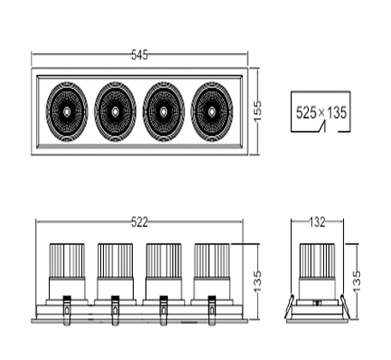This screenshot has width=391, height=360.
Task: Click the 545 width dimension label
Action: (x=140, y=55)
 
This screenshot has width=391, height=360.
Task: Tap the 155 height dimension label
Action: (x=257, y=111)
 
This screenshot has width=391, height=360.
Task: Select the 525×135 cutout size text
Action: (x=322, y=112)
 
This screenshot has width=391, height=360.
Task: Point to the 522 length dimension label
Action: (x=140, y=222)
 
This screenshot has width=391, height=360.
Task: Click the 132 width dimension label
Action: (x=317, y=222)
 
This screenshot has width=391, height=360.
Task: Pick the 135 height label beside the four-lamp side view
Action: (x=257, y=281)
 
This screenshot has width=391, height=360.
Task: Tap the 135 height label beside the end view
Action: (x=357, y=281)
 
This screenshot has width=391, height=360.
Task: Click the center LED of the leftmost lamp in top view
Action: (x=66, y=111)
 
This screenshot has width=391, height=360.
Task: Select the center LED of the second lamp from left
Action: (x=115, y=111)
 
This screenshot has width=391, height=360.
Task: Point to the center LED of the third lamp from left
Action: (x=163, y=111)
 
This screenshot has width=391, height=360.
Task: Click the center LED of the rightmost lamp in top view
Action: (x=212, y=111)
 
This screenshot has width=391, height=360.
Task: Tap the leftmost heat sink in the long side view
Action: (x=67, y=261)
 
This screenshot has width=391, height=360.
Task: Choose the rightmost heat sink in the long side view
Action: (x=212, y=261)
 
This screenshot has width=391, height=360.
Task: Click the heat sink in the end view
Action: (x=317, y=261)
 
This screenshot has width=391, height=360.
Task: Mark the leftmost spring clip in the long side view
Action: (x=67, y=310)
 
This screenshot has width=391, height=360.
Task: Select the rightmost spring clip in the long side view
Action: (x=212, y=310)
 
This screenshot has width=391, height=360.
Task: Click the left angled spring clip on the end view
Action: (x=289, y=307)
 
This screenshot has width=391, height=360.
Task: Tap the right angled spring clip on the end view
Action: (x=346, y=307)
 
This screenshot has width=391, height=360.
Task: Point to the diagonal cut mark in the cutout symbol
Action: (x=322, y=127)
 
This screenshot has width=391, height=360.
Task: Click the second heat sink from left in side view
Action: (x=115, y=261)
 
